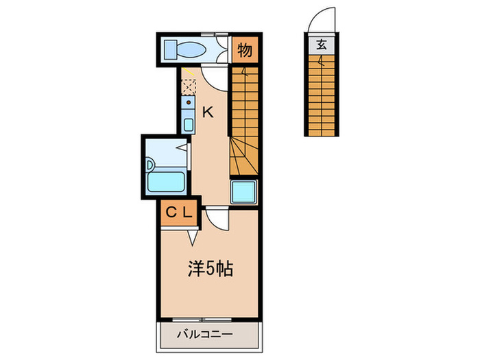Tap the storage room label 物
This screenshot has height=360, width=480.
click(x=245, y=49)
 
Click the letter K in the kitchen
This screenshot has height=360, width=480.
click(x=207, y=112)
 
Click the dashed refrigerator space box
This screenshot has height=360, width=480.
click(x=188, y=87)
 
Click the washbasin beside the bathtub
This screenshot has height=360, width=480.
click(x=150, y=165)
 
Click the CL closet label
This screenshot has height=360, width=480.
click(x=180, y=213)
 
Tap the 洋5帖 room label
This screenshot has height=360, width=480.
click(x=211, y=269)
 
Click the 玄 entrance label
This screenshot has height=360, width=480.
click(x=321, y=46)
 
